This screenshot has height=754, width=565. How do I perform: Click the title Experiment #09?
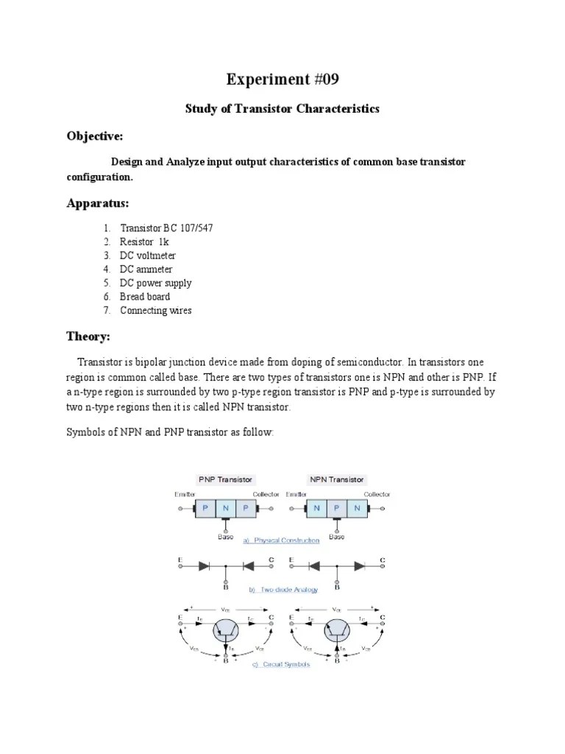click(282, 79)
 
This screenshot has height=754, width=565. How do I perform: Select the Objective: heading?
click(95, 136)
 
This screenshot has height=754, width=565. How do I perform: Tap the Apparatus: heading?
click(98, 202)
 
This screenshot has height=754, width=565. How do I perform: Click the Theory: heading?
click(88, 337)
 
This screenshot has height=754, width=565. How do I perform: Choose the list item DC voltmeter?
click(147, 256)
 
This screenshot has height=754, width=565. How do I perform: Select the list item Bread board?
click(145, 297)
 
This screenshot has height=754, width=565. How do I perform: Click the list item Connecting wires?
click(155, 311)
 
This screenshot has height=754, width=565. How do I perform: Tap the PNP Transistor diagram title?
click(224, 479)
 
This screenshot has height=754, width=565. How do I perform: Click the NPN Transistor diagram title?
click(336, 479)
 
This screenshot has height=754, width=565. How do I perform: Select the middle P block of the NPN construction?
click(336, 509)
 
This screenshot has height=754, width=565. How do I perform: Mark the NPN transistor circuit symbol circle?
click(338, 630)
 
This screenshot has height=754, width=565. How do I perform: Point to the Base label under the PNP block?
click(225, 537)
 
